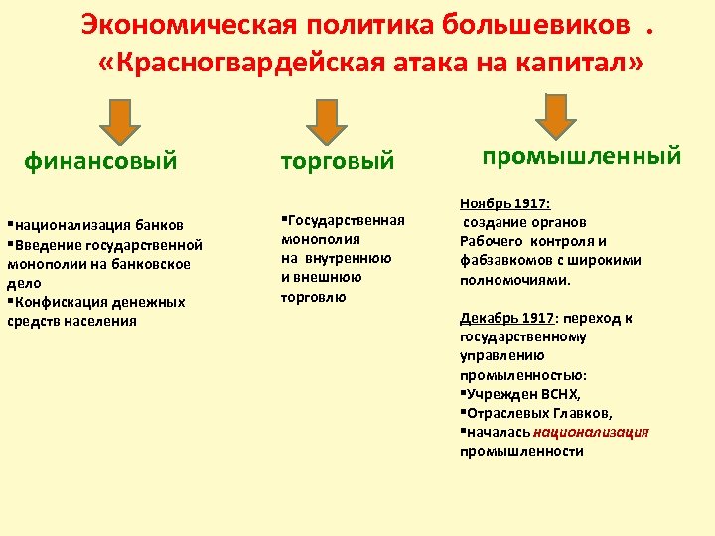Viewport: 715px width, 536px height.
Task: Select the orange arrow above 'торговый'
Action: [326, 121]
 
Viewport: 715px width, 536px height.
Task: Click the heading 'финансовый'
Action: [100, 160]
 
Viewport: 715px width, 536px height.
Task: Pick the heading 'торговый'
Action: [338, 160]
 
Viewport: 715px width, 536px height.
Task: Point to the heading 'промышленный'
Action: [581, 156]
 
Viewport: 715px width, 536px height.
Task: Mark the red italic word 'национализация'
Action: [592, 432]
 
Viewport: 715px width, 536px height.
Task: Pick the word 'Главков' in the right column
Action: [585, 413]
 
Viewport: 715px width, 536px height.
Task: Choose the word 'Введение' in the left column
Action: [43, 245]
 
